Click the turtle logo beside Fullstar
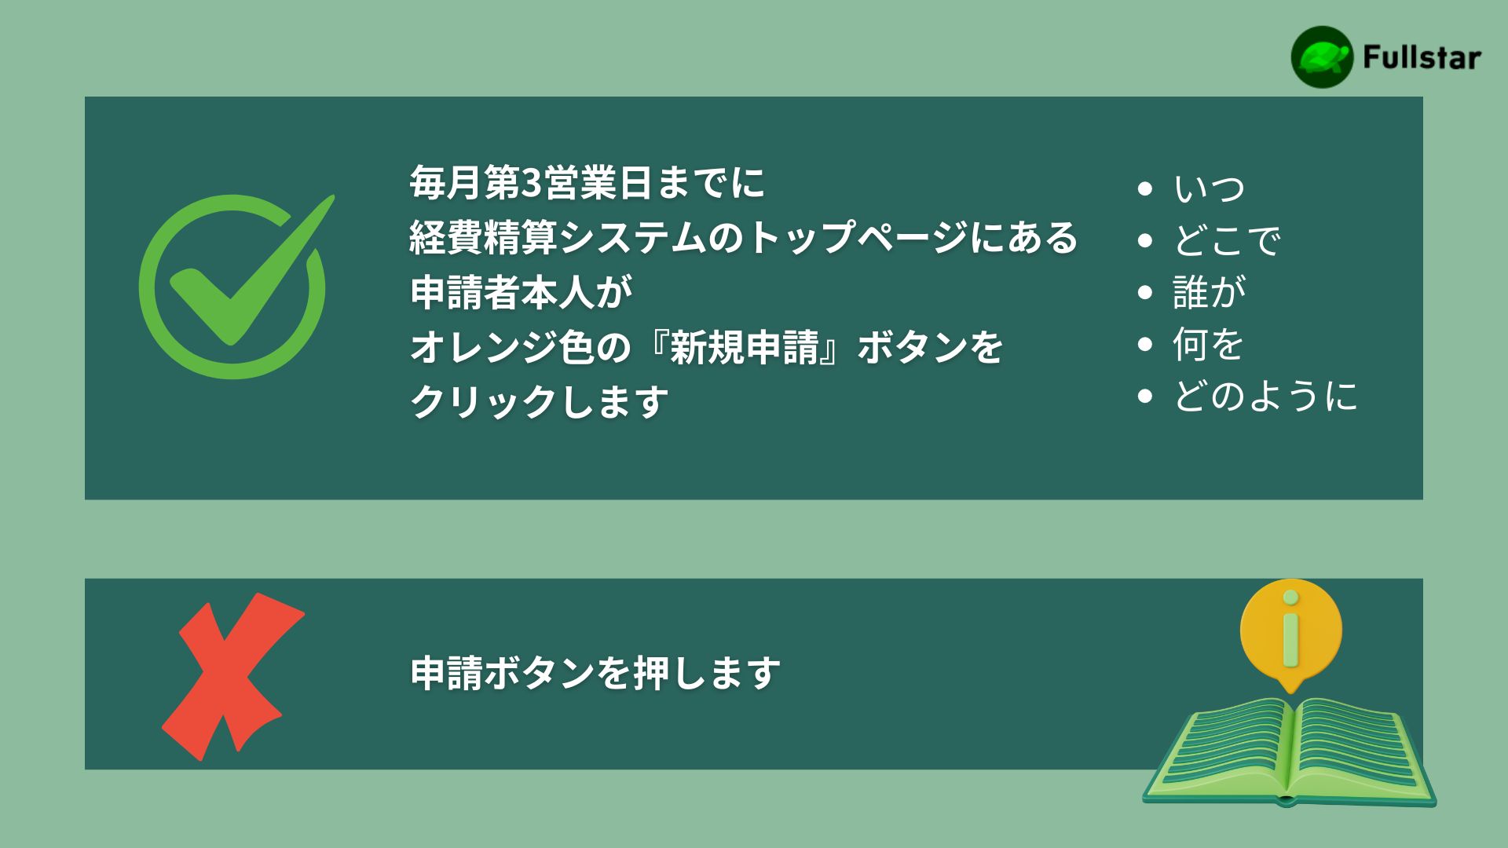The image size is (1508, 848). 1322,57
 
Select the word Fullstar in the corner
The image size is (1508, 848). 1422,57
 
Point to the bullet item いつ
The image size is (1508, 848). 1210,188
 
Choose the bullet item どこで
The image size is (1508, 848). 1227,240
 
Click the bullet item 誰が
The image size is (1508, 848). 1210,292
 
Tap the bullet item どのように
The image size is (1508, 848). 1265,396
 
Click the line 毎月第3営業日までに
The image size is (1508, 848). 587,183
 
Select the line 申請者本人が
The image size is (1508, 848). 522,292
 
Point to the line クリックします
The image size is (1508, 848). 539,402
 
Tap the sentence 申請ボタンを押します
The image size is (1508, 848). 595,674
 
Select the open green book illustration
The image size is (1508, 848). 1289,752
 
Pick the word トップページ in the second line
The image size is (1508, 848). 858,237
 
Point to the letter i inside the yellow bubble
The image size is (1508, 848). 1290,631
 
